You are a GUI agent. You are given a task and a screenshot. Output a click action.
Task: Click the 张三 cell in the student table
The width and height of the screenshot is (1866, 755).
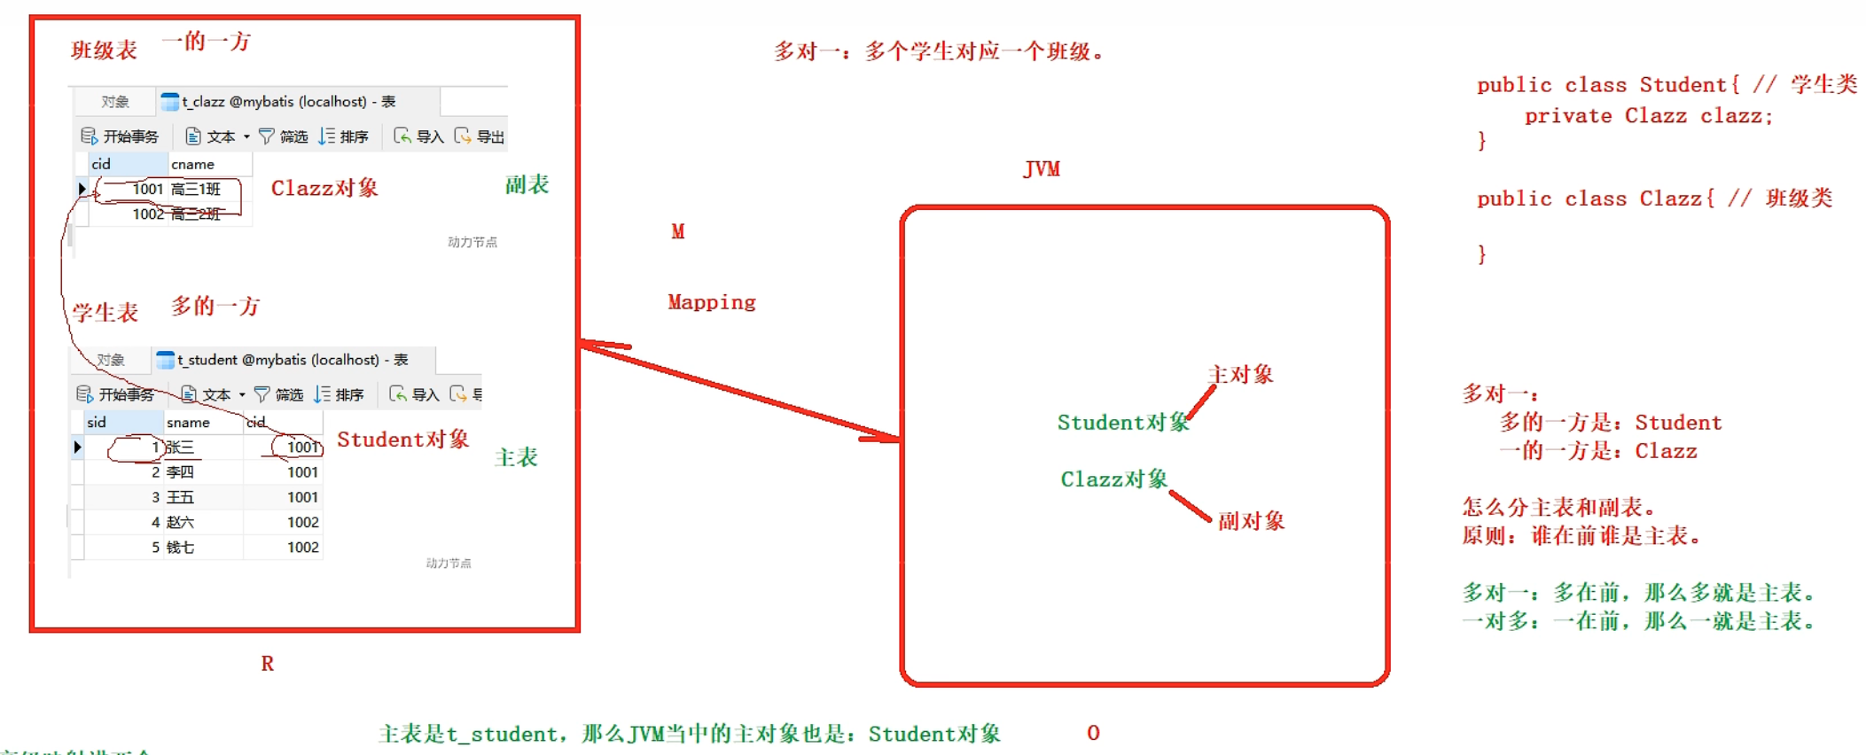(x=181, y=448)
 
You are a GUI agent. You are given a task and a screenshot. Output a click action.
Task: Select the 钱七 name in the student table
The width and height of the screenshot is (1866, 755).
(x=180, y=548)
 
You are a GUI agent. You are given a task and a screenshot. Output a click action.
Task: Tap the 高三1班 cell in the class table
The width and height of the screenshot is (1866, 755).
(x=195, y=189)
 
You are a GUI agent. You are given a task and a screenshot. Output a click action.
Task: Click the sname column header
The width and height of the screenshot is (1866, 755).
(x=188, y=423)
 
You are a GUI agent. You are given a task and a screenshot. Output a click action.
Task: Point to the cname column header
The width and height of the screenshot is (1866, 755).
(x=192, y=164)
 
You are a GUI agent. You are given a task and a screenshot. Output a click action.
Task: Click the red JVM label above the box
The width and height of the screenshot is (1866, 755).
(x=1042, y=169)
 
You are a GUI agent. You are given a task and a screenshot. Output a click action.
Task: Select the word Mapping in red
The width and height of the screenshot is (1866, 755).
(x=711, y=302)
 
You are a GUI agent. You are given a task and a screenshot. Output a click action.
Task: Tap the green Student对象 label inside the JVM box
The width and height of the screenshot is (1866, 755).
(x=1122, y=423)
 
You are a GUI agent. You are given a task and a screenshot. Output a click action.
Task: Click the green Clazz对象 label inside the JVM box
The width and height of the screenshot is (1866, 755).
(x=1113, y=479)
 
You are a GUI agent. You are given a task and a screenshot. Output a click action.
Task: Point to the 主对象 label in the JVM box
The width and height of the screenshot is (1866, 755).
(x=1240, y=375)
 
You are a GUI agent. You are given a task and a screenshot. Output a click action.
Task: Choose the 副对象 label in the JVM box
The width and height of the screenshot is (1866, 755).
(x=1251, y=521)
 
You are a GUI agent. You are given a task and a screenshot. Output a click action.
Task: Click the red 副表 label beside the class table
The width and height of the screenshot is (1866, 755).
(x=527, y=184)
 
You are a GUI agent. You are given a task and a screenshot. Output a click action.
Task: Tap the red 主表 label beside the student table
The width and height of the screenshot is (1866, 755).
(x=516, y=457)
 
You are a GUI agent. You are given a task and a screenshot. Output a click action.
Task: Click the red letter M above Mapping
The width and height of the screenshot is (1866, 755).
(x=677, y=232)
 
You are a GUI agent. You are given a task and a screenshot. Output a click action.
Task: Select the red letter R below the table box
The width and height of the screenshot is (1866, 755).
(x=267, y=664)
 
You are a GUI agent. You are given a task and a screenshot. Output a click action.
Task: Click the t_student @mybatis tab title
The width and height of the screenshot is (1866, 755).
(x=292, y=360)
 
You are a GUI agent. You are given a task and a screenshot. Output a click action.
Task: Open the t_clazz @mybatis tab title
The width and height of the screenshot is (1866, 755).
(x=288, y=102)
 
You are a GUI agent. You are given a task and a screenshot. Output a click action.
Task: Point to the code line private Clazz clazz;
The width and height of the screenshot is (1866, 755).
(x=1648, y=116)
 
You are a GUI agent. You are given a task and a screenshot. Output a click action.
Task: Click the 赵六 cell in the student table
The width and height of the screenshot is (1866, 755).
(x=180, y=523)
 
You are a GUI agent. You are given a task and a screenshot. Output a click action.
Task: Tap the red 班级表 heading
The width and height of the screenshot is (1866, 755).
(x=104, y=51)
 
